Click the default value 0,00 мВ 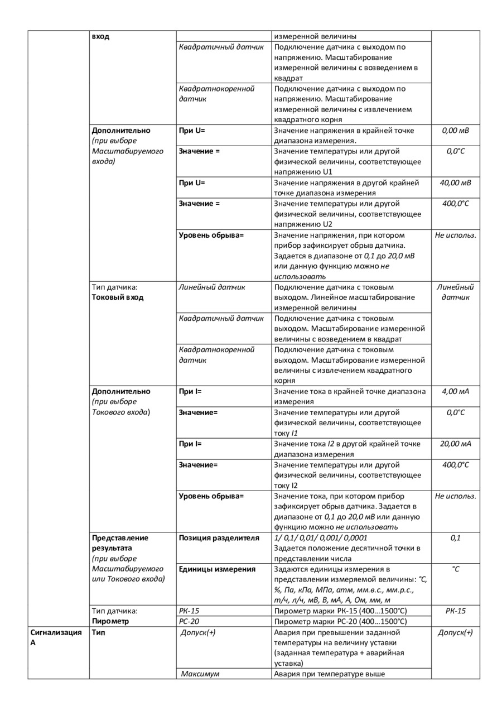pos(455,131)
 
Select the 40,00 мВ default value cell pos(455,182)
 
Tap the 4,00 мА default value pos(455,391)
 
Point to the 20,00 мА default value pos(455,444)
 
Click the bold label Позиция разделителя pos(219,538)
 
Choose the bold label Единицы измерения pos(217,569)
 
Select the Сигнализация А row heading pos(55,637)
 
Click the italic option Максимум pos(200,674)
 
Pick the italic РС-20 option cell pos(189,621)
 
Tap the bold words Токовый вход pos(117,297)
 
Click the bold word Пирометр pos(110,621)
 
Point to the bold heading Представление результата pos(120,543)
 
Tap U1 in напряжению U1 pos(327,172)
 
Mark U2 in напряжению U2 pos(327,224)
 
